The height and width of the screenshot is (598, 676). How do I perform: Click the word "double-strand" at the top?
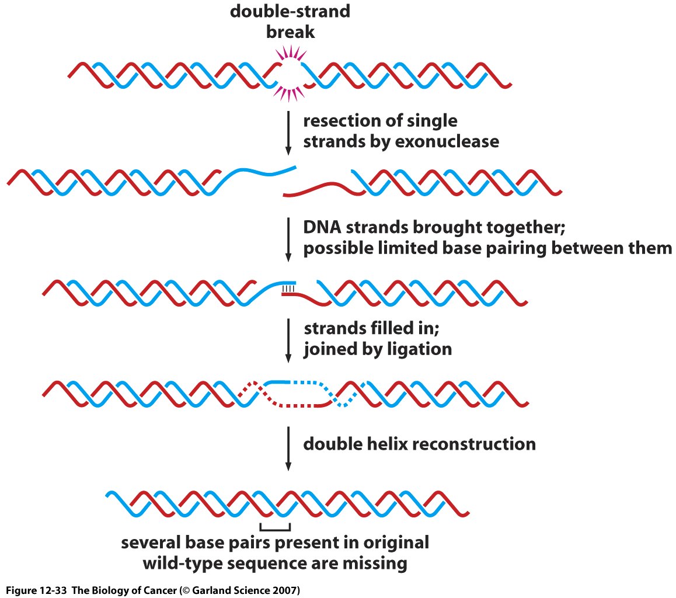point(290,11)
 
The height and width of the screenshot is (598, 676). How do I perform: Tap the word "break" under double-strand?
point(290,32)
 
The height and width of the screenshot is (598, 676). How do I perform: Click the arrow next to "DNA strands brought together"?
point(288,239)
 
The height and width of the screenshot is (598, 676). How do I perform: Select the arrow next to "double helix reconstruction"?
point(288,448)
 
